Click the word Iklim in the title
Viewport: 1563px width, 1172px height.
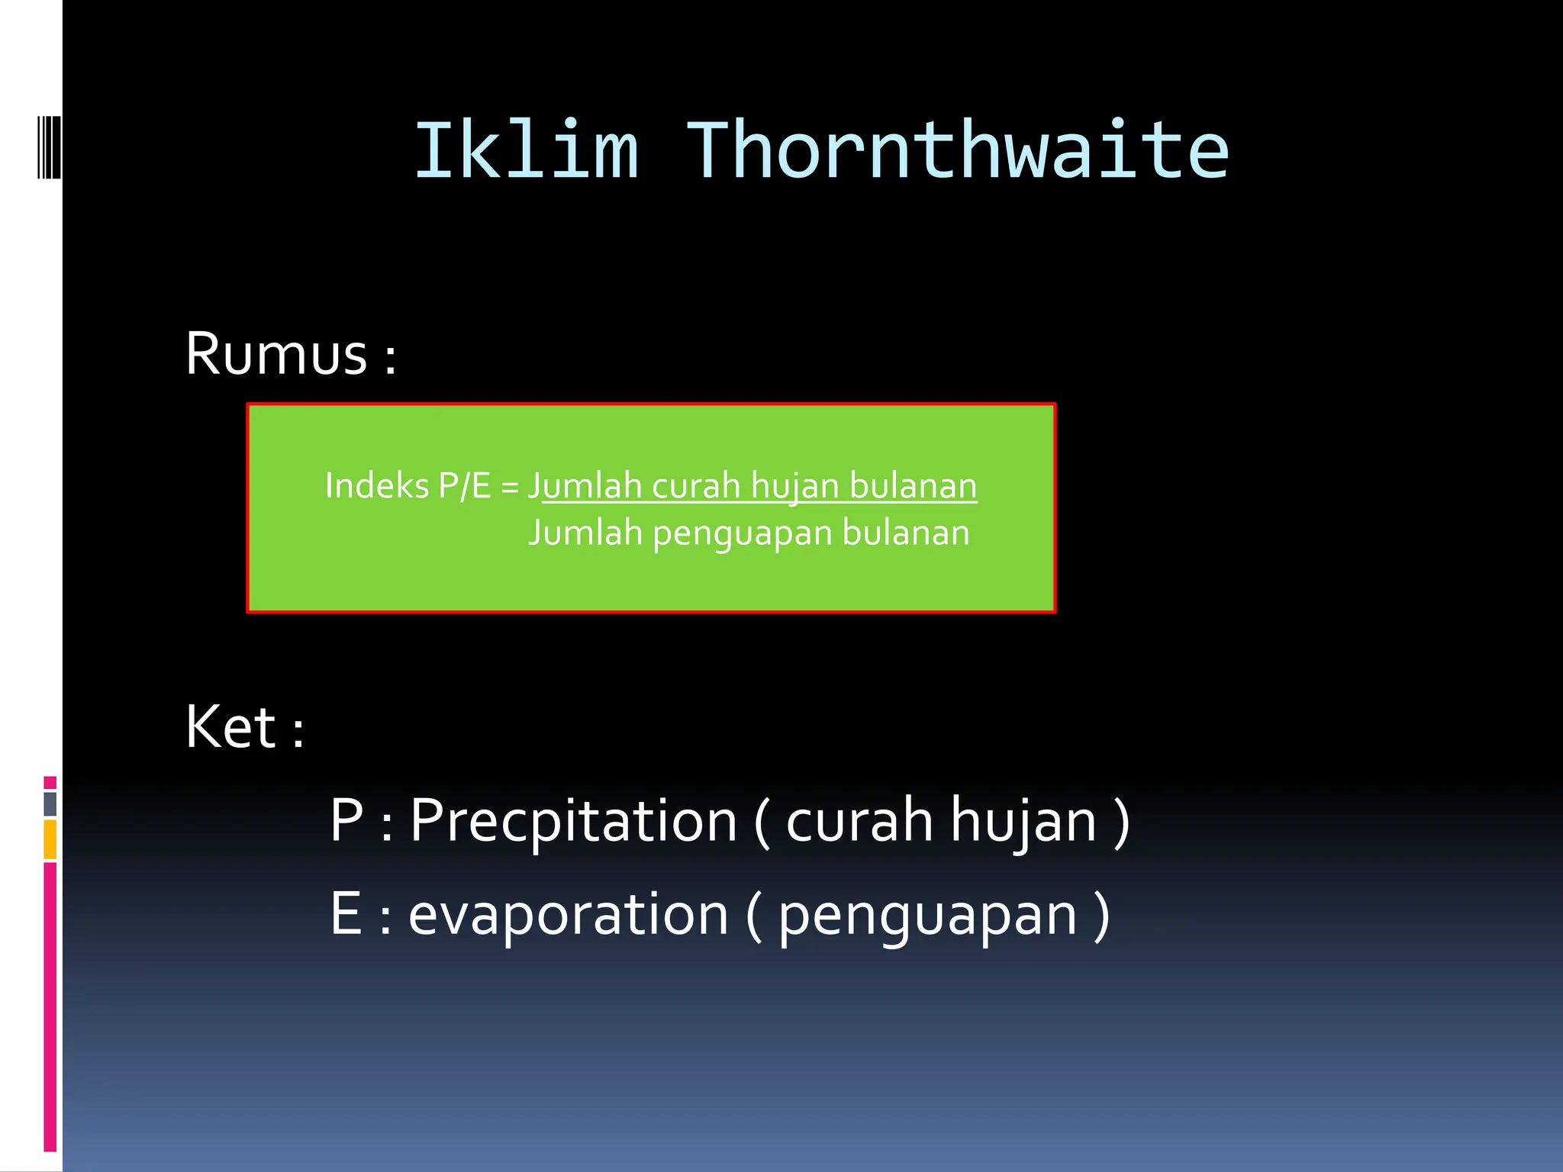tap(526, 151)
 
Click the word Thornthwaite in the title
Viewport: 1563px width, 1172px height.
tap(959, 151)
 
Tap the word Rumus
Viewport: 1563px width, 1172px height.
tap(276, 354)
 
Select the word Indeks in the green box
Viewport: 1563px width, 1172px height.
tap(376, 486)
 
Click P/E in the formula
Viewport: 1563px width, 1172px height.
tap(464, 486)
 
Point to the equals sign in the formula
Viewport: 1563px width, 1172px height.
tap(510, 487)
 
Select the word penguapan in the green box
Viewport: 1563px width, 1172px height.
tap(741, 533)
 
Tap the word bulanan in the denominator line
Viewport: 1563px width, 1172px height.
tap(905, 533)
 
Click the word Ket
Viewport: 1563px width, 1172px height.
tap(230, 727)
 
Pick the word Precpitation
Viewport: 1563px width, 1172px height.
tap(573, 821)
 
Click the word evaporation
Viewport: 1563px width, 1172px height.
tap(569, 914)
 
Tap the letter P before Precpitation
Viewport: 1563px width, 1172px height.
tap(346, 821)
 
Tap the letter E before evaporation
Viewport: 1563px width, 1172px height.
tap(346, 914)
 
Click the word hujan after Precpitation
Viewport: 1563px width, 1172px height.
tap(1023, 821)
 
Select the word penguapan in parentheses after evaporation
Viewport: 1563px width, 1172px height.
tap(927, 914)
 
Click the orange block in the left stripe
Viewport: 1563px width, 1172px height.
tap(50, 839)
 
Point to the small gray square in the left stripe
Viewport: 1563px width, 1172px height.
tap(50, 803)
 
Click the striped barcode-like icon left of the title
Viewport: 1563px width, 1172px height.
tap(50, 146)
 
